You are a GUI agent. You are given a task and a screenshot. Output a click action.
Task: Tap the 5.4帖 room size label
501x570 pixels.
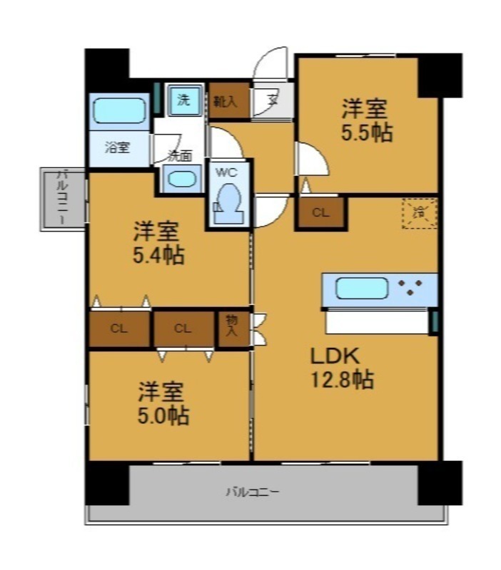pos(158,254)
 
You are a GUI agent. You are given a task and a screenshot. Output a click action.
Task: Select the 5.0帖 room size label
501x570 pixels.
pos(163,415)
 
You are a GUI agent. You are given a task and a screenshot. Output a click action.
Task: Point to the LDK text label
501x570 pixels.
pos(332,356)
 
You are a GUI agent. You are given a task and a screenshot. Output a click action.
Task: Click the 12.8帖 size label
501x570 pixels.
pos(340,380)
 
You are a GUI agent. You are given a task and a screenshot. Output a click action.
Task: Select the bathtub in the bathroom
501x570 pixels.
pos(118,110)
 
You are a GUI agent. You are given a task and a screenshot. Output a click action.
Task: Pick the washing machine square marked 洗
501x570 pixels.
pos(183,100)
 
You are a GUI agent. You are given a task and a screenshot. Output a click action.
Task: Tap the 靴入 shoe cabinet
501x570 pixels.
pos(228,101)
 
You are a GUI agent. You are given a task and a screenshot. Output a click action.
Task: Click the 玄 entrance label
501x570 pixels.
pos(273,100)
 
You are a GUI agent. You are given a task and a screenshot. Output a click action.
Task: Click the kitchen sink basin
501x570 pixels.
pos(362,289)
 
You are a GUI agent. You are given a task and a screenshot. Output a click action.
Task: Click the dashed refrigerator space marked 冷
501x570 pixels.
pos(419,212)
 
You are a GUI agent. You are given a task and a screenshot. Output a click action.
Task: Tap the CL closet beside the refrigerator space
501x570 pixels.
pos(321,212)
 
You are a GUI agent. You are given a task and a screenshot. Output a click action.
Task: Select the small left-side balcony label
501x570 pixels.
pos(62,199)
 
